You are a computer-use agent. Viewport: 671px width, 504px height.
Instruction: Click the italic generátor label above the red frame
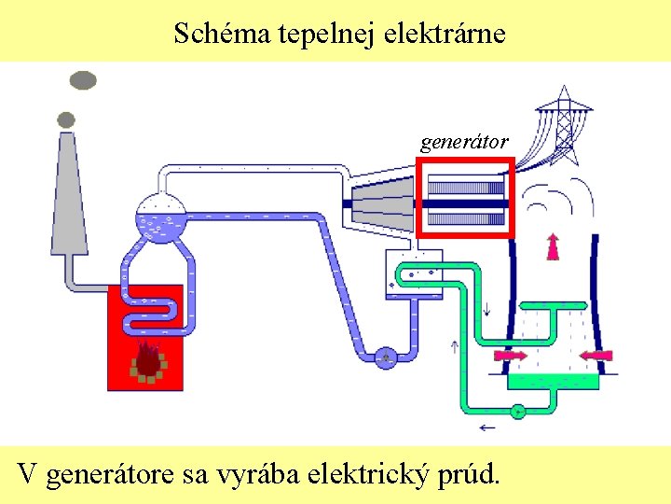[x=463, y=142]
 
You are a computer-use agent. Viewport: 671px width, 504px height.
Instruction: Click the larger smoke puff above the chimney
[x=82, y=80]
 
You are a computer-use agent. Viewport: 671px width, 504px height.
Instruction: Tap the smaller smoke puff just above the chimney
[x=66, y=119]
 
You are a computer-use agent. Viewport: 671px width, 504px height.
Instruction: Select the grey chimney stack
[x=68, y=196]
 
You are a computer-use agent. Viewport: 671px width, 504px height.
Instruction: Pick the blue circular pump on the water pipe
[x=385, y=356]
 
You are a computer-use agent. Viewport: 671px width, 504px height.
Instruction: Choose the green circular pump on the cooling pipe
[x=518, y=410]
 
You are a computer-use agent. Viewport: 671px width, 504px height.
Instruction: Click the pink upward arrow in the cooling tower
[x=553, y=245]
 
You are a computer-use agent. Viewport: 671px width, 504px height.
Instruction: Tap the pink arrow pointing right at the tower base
[x=510, y=355]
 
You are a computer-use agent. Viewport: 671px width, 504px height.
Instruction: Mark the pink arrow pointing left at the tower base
[x=596, y=355]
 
